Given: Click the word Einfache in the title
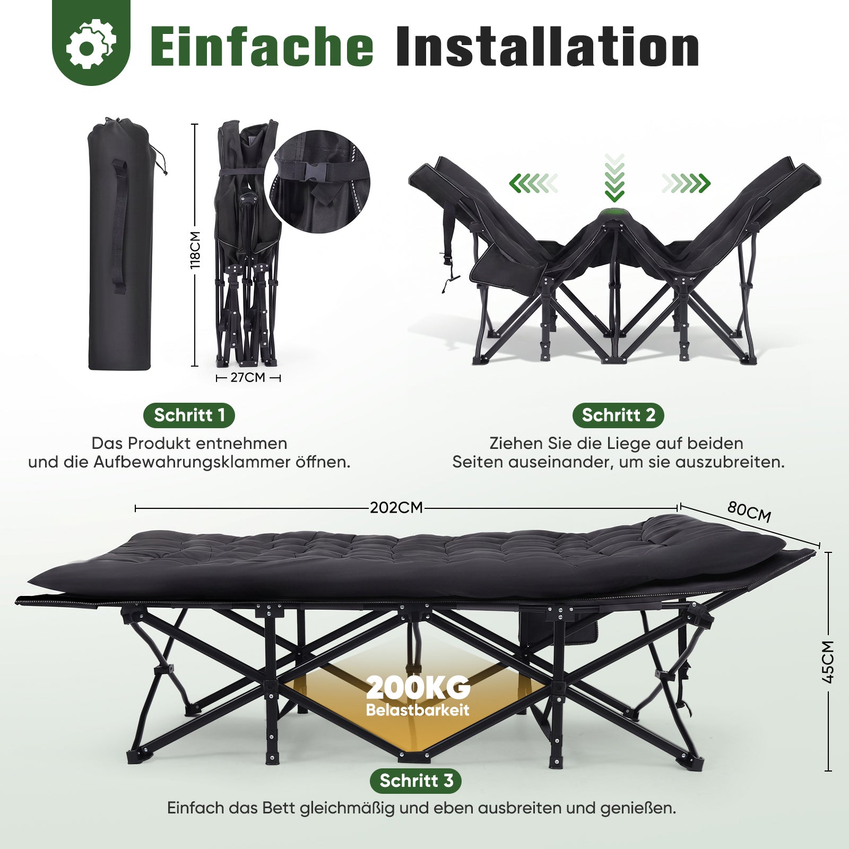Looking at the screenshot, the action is (262, 47).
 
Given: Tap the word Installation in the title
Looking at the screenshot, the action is (547, 47).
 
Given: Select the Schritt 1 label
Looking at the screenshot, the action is (189, 415).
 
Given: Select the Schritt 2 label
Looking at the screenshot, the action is (618, 415).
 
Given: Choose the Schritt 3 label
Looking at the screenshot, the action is (417, 781).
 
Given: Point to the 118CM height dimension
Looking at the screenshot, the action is (195, 249).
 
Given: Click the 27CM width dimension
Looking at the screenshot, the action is (248, 378).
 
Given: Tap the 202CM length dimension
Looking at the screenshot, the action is (396, 508).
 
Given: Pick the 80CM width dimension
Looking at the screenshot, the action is (749, 512).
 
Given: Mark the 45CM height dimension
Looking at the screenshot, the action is (828, 662).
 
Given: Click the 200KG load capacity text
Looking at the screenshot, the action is (418, 688).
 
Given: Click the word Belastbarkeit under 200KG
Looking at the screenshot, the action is (418, 710).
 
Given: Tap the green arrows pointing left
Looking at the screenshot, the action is (534, 184).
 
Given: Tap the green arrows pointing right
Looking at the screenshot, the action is (686, 184).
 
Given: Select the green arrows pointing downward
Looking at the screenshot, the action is (614, 178).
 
